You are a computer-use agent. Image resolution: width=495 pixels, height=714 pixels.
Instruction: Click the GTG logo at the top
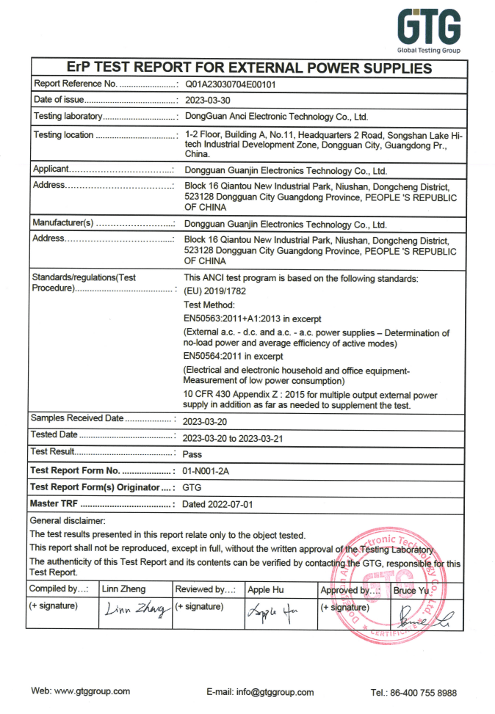point(430,29)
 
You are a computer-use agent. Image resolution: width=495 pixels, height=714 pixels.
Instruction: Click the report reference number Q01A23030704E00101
point(231,84)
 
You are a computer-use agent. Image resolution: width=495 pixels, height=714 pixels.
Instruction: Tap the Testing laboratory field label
point(68,116)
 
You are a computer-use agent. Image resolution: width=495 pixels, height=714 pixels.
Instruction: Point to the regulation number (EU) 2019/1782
point(216,291)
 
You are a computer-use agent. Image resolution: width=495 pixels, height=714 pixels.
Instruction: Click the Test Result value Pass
point(192,454)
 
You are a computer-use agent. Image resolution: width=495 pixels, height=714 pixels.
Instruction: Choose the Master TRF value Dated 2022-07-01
point(217,504)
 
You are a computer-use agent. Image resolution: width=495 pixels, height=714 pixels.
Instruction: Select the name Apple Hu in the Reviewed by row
point(270,589)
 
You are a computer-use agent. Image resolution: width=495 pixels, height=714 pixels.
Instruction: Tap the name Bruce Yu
point(411,590)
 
